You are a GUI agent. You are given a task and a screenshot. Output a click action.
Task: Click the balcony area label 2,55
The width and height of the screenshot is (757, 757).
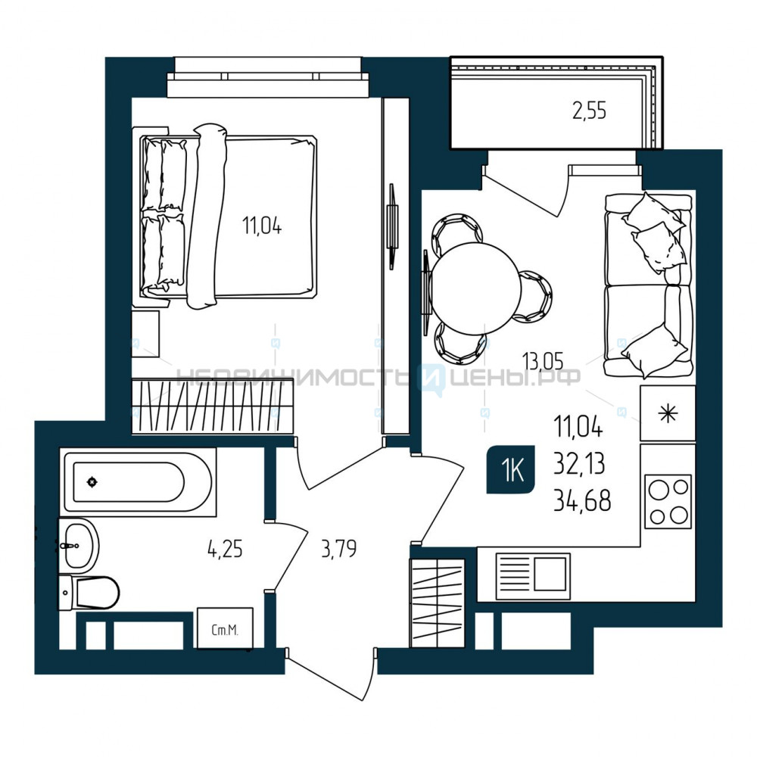pos(589,111)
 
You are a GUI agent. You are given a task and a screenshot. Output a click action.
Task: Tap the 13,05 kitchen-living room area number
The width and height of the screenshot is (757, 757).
pos(543,360)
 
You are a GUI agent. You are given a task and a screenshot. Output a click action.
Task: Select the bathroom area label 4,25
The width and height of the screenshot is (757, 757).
pos(225,550)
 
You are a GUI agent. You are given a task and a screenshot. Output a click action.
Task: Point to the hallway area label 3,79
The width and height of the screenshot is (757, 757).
pos(339,549)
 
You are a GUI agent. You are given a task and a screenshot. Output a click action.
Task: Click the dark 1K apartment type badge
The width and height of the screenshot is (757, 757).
pos(511,469)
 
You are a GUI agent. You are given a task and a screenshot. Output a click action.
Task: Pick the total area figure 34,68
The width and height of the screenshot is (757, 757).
pos(582,500)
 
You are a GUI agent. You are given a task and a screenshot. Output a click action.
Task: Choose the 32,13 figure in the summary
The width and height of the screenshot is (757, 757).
pos(579,465)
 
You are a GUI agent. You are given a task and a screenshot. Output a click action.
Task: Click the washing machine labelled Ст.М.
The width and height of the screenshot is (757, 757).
pos(225,628)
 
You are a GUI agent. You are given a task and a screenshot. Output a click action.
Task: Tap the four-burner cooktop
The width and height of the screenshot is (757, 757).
pos(668,502)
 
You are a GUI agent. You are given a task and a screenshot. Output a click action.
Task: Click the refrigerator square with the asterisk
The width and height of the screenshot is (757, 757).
pos(668,413)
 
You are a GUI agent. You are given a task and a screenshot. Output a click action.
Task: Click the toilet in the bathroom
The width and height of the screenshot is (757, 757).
pos(89,593)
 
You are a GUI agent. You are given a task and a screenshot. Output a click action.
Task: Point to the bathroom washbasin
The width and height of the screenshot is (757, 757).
pos(79,546)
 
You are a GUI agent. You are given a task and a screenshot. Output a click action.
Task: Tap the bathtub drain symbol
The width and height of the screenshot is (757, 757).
pos(92,481)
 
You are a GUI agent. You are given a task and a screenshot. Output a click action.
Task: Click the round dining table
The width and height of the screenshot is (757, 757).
pos(476,288)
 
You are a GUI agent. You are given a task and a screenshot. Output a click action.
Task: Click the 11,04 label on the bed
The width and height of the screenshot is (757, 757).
pos(262,226)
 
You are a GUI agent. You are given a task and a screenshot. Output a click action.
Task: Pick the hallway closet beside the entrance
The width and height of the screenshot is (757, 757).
pos(437,603)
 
